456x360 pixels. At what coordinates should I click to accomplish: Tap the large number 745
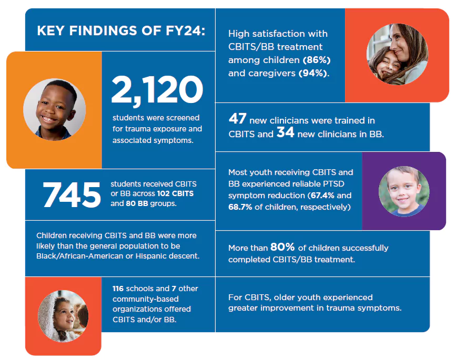(x=71, y=194)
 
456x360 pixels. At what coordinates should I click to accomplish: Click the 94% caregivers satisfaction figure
(x=313, y=74)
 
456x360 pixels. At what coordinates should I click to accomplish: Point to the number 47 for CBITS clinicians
(x=238, y=120)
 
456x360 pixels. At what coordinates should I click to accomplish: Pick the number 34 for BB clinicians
(x=285, y=133)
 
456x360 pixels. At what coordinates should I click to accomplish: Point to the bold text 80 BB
(x=138, y=203)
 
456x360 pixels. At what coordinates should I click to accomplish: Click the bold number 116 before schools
(x=119, y=289)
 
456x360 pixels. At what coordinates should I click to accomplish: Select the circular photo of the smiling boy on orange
(x=54, y=110)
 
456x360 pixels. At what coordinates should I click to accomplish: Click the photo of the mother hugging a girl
(x=397, y=55)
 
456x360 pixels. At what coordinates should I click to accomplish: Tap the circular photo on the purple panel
(x=404, y=192)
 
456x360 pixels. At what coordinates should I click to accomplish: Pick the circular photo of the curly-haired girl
(x=63, y=315)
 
